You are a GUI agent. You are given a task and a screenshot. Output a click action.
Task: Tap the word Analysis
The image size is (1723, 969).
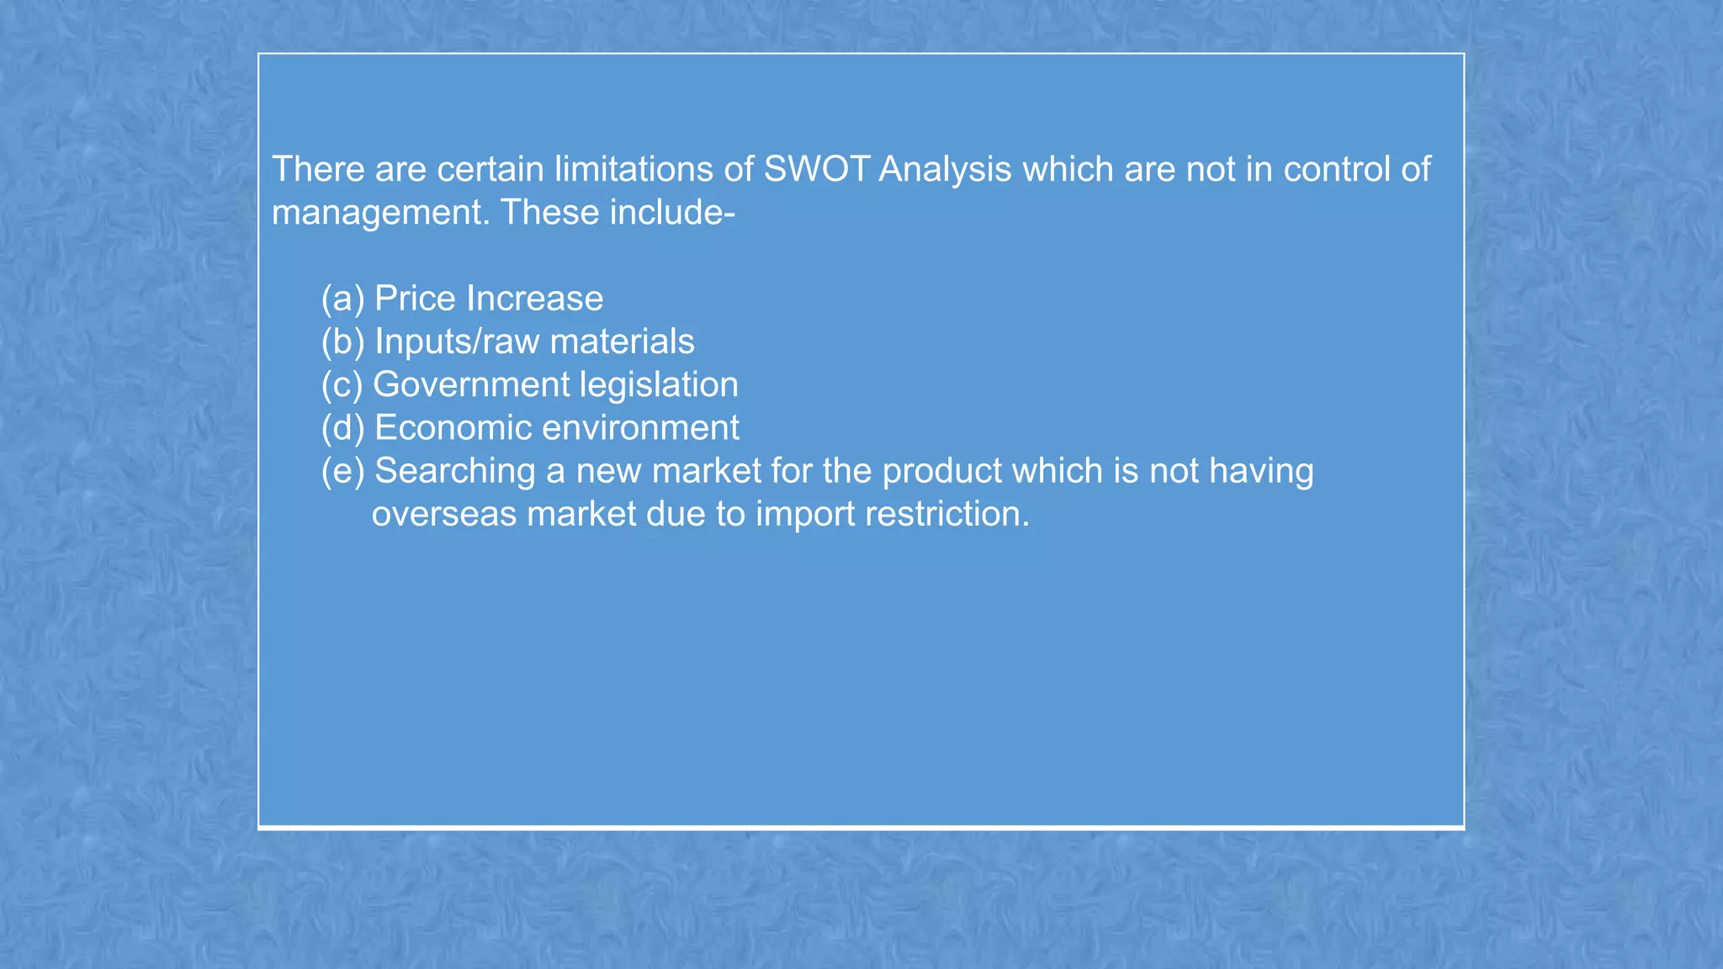tap(945, 170)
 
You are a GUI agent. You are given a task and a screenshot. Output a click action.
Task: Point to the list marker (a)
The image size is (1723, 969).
tap(342, 299)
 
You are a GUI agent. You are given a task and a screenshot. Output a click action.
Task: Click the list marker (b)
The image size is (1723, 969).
tap(342, 342)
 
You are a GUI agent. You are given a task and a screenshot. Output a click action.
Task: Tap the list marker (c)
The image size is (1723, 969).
tap(342, 384)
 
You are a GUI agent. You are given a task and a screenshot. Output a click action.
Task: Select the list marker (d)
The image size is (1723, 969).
tap(342, 428)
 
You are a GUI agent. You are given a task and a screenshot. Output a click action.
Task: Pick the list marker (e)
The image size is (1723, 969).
tap(342, 471)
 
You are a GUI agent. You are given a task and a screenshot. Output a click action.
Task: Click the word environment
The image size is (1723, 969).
tap(640, 428)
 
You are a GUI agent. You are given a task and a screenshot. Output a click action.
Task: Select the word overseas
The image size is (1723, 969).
tap(444, 514)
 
